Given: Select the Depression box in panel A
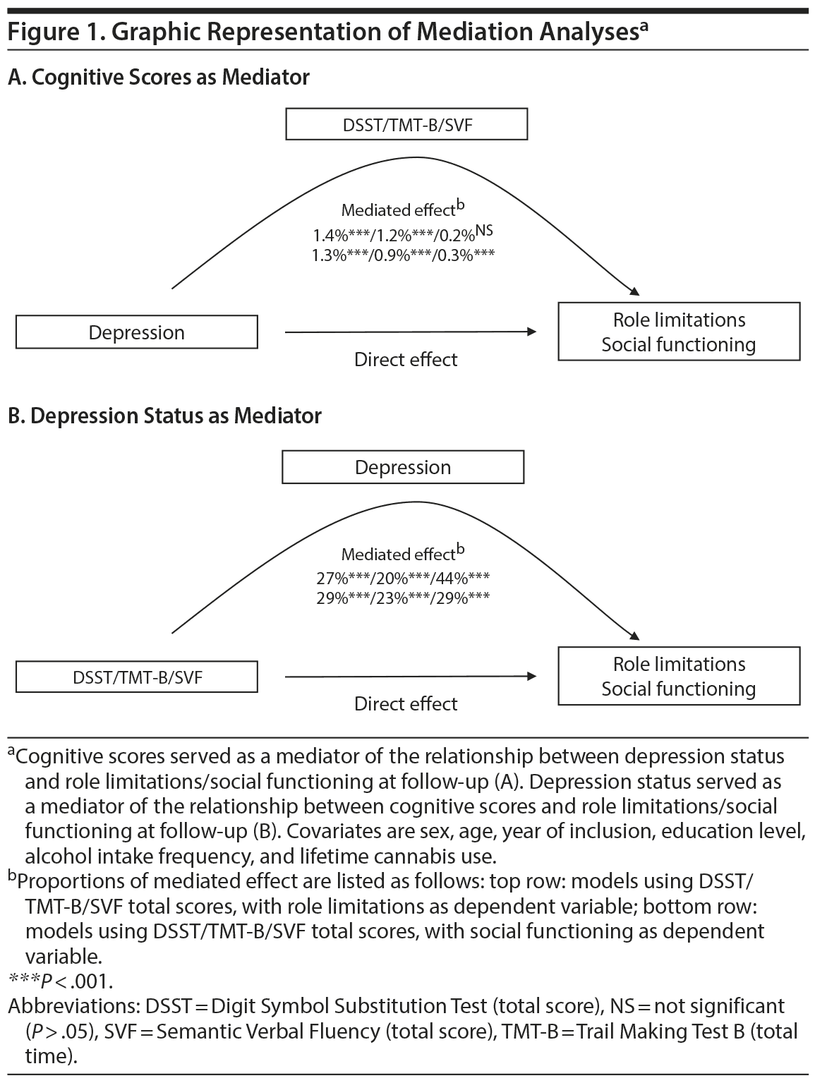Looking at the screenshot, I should coord(137,332).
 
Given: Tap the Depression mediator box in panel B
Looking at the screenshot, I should coord(403,467).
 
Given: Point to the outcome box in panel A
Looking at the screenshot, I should coord(679,332).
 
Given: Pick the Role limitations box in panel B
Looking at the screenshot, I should coord(679,677).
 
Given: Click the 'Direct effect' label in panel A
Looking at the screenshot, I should coord(406,360).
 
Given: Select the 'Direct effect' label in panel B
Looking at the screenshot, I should coord(406,704).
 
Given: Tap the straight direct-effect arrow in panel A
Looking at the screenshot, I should coord(409,332).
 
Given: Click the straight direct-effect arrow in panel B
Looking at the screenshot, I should coord(409,677).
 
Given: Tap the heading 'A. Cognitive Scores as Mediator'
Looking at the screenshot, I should coord(159,77).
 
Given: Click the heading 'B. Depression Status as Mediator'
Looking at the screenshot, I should coord(164,416).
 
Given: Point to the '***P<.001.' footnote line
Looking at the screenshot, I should coord(61,981).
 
